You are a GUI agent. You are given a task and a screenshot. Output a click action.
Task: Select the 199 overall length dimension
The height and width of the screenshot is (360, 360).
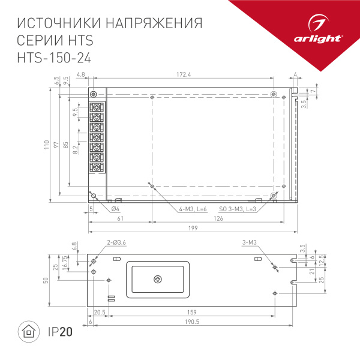pos(192,229)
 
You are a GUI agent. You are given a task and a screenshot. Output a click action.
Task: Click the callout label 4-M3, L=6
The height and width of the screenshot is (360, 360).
pos(193,208)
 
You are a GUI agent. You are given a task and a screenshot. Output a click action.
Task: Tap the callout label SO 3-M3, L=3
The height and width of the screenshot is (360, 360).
pos(238,208)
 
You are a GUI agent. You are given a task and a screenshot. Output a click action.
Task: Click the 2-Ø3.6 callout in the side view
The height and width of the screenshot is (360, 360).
pos(116,242)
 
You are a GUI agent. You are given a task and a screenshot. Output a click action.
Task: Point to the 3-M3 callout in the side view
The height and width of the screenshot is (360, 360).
pos(249,242)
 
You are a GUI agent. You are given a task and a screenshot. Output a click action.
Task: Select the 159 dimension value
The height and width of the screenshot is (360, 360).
pos(191,311)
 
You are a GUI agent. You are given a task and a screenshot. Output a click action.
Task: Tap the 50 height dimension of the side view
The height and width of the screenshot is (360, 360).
pos(46,281)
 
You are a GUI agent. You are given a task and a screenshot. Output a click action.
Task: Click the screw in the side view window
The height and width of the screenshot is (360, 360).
pos(158,279)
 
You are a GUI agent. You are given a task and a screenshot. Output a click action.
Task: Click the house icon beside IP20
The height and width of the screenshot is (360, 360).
pos(28,331)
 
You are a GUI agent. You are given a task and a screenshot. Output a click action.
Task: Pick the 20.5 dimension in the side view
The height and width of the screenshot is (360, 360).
pos(100,311)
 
